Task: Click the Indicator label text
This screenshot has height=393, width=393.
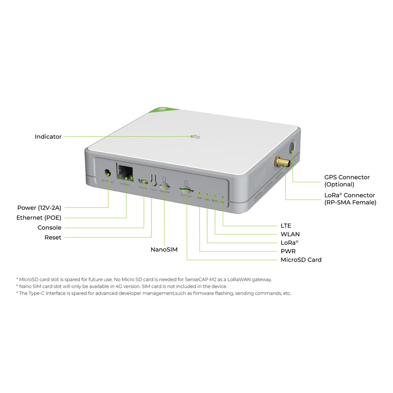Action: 48,137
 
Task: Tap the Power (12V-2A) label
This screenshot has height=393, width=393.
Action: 39,208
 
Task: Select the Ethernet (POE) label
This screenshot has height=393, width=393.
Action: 38,218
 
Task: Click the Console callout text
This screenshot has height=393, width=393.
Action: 49,228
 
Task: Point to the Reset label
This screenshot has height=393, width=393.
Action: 52,237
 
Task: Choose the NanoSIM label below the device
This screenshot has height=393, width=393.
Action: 164,249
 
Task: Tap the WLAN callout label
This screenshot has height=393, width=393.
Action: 290,234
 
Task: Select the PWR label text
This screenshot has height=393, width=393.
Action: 288,251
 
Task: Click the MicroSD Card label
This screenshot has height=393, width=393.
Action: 301,260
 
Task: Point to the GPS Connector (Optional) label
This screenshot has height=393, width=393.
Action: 347,181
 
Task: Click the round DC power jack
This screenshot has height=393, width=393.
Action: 108,173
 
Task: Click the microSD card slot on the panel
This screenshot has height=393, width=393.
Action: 186,190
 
